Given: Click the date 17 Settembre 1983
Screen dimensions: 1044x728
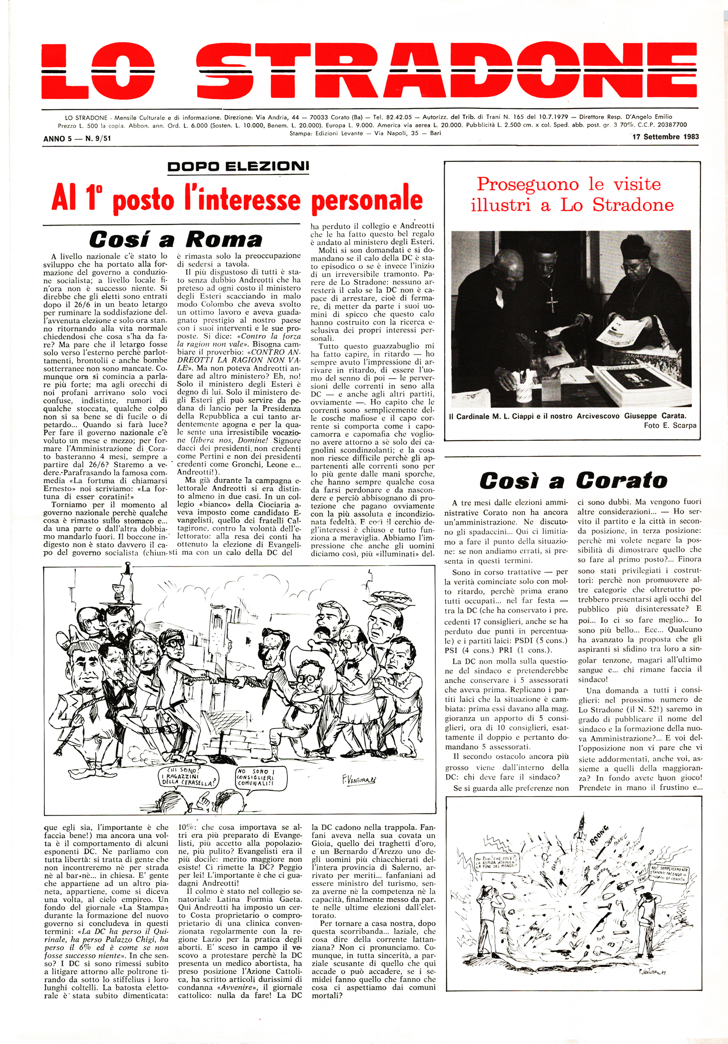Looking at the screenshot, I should [x=665, y=136].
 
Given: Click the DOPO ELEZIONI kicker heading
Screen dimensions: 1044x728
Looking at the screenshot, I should [x=238, y=166].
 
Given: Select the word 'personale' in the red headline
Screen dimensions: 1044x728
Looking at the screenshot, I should [x=367, y=199].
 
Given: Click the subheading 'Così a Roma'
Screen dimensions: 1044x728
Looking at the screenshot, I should [x=175, y=239].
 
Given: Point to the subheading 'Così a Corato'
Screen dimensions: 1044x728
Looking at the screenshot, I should [x=573, y=481].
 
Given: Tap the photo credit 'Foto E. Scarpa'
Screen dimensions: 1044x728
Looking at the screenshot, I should [x=670, y=426].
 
